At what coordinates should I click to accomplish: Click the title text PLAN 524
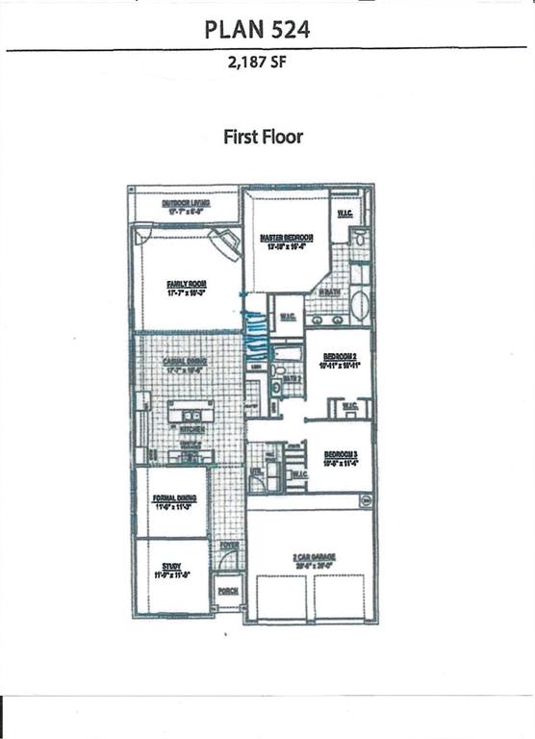257,30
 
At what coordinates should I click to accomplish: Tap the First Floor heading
263,137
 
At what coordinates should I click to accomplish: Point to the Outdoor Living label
185,205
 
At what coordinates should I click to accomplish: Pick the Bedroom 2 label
338,360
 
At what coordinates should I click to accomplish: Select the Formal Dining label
174,499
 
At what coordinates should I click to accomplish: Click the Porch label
228,591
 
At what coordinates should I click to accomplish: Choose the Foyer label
228,546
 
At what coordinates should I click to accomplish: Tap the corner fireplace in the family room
229,242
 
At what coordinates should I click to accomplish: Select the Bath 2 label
293,380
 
